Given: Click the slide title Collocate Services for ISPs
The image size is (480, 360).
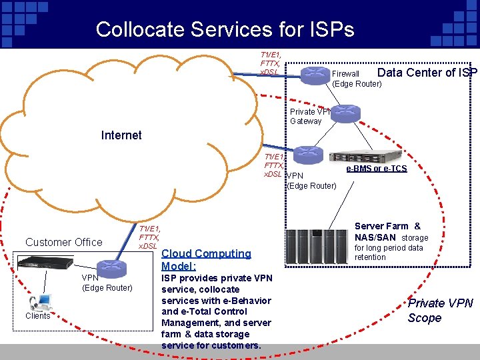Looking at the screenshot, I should [225, 29].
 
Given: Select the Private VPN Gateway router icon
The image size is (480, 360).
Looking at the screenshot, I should [345, 113].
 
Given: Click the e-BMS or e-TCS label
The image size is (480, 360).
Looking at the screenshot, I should [377, 169].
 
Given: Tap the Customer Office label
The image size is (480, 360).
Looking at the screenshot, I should [64, 242].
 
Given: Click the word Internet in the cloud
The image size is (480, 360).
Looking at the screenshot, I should [121, 135].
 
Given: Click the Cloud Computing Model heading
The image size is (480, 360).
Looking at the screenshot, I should [206, 259].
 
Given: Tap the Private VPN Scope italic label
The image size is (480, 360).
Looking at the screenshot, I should [439, 311].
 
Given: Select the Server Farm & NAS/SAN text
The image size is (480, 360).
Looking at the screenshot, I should [387, 231].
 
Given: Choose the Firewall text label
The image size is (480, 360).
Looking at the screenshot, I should [345, 74].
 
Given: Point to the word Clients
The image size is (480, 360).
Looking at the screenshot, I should [38, 316].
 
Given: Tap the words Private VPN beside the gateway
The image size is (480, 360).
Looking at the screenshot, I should [305, 112].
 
